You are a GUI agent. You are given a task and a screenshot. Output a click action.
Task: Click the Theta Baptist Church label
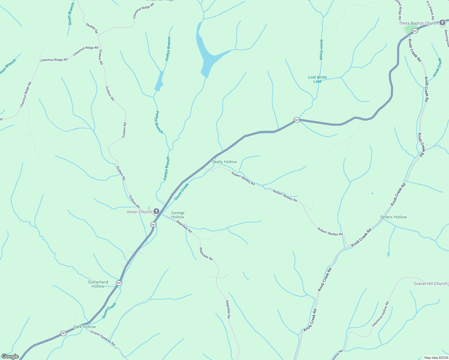point(418,23)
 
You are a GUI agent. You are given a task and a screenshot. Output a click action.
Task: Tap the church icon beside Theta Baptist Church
point(442,22)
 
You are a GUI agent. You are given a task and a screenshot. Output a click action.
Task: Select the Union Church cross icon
point(156,211)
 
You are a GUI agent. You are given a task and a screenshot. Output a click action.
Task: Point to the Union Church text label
point(139,212)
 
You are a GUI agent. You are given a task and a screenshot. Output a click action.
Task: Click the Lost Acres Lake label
point(317,79)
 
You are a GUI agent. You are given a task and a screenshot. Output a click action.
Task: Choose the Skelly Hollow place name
point(224,162)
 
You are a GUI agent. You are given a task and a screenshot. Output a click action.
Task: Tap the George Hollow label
point(178,215)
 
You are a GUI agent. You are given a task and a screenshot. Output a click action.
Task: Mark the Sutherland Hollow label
point(98,284)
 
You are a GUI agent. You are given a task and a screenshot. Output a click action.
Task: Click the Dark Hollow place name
point(85,327)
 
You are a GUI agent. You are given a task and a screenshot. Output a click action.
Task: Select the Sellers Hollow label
point(393,217)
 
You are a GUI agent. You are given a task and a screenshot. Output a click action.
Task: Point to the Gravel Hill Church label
point(430,283)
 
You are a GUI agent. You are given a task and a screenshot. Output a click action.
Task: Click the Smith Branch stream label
point(71,14)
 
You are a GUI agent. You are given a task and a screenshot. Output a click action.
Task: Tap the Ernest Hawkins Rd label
point(103,338)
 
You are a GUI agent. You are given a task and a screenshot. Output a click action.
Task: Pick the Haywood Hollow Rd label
point(380,314)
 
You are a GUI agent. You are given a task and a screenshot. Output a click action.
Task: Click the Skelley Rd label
point(92,28)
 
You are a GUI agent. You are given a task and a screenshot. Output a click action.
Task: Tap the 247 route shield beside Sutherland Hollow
point(119,283)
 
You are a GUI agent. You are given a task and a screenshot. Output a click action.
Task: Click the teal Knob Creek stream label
point(437,67)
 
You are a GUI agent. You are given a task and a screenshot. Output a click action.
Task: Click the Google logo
point(10,356)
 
